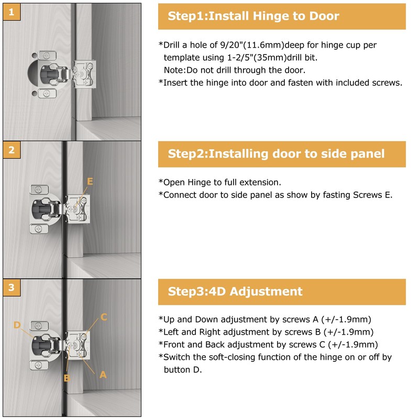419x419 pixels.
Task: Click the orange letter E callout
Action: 90,181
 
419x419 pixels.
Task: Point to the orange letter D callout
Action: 17,325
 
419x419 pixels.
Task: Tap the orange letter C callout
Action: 104,317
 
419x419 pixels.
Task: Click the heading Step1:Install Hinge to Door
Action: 253,16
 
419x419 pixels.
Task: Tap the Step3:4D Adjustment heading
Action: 235,292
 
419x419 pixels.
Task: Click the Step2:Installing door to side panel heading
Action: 276,154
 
